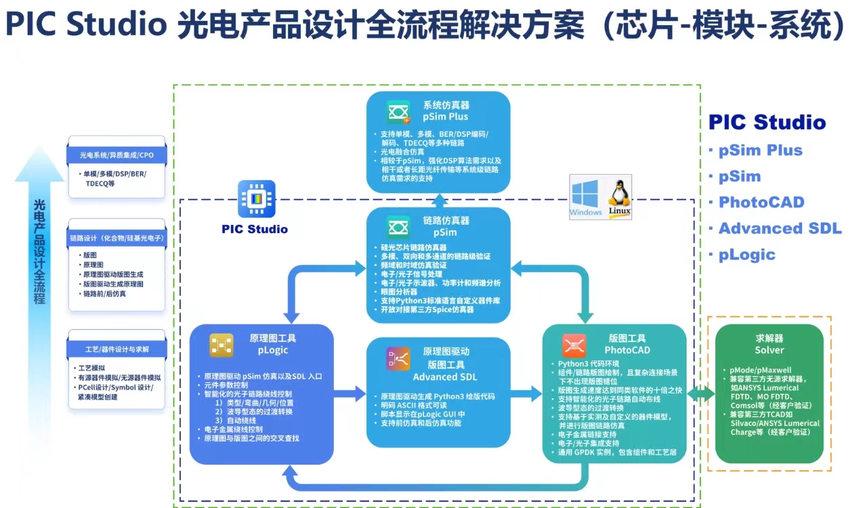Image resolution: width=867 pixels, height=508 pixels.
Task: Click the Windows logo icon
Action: (x=586, y=196)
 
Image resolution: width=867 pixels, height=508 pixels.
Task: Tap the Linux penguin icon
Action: (x=619, y=196)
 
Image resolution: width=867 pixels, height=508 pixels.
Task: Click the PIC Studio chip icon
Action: (x=257, y=198)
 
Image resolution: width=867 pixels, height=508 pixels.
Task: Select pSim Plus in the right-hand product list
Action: (x=760, y=150)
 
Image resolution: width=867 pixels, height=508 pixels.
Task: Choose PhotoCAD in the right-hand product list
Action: (x=761, y=203)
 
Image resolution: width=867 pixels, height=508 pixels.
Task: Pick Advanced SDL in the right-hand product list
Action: (x=780, y=228)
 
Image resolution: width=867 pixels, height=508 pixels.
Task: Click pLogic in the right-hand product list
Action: (x=746, y=255)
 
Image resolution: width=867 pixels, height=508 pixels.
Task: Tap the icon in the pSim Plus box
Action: (x=399, y=111)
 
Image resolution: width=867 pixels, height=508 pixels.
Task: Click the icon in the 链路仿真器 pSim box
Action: (x=399, y=226)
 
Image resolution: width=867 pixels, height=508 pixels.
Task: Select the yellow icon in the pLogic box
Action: (x=221, y=345)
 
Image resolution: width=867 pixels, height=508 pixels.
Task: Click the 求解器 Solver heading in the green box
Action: (x=769, y=344)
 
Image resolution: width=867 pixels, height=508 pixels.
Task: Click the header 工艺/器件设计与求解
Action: (x=117, y=349)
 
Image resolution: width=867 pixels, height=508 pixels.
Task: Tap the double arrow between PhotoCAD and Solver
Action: (x=700, y=394)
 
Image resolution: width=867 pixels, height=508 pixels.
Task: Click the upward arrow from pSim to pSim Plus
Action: (x=439, y=199)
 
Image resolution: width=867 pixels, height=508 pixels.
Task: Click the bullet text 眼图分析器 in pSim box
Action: (x=400, y=292)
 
